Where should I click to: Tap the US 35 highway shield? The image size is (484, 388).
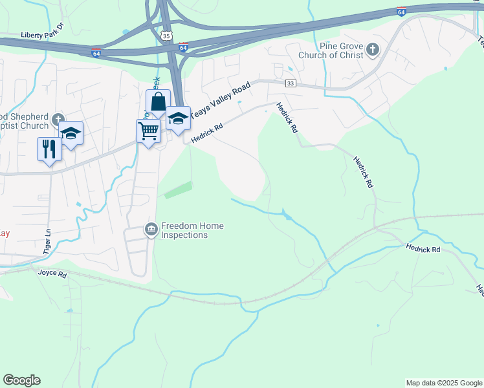click(167, 36)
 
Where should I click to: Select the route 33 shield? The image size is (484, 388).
click(291, 83)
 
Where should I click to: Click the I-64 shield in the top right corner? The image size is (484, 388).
click(402, 11)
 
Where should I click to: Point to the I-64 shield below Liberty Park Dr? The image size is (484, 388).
click(96, 53)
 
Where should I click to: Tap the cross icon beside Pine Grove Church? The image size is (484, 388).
click(372, 49)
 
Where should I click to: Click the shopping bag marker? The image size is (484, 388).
click(158, 102)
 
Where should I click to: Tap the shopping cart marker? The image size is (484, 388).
click(149, 131)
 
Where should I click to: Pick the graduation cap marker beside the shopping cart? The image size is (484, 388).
click(178, 119)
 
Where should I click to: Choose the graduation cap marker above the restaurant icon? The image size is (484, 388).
click(71, 134)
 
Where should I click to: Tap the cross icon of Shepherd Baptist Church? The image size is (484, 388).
click(58, 118)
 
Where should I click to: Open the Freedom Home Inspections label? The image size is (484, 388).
click(192, 230)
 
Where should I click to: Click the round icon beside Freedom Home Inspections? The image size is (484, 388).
click(151, 230)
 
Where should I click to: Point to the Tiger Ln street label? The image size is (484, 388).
click(47, 241)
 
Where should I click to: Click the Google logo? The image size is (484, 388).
click(21, 380)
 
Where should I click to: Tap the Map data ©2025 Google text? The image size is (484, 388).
click(444, 383)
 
